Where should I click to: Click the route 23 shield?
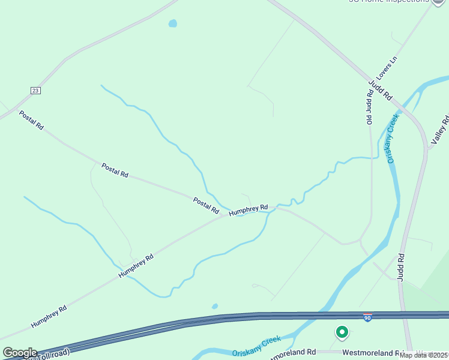35,90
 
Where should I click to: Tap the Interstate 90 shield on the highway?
367,317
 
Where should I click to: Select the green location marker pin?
342,332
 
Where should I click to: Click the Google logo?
20,353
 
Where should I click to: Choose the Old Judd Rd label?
370,107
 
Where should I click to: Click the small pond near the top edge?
173,24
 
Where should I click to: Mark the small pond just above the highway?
214,307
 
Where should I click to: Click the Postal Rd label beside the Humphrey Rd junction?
206,205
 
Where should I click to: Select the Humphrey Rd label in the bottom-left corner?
49,316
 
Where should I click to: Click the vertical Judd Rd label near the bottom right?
400,266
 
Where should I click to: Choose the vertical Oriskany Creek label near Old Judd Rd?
393,139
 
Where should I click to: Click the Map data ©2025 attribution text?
424,355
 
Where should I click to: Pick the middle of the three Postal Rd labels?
115,170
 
